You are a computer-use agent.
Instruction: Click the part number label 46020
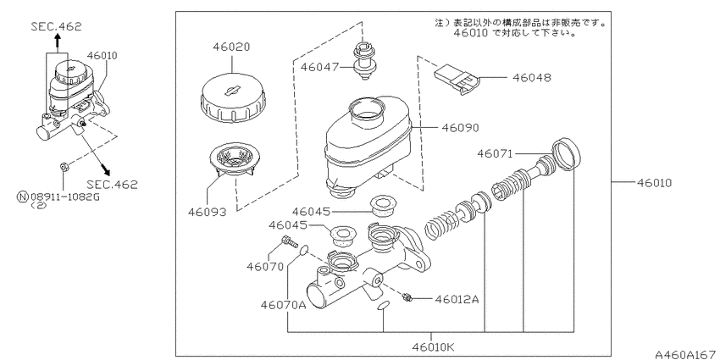(x=231, y=47)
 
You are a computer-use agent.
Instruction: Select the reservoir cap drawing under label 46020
(x=233, y=98)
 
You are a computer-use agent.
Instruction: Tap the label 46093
(x=207, y=212)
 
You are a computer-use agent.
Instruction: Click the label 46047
(x=319, y=68)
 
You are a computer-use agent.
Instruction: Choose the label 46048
(x=532, y=78)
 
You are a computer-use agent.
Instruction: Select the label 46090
(x=460, y=127)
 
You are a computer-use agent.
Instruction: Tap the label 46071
(x=495, y=153)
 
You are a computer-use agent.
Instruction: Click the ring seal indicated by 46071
(x=566, y=154)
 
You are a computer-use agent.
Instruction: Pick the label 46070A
(x=283, y=305)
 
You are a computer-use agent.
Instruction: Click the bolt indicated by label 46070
(x=288, y=241)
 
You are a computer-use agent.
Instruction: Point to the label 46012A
(x=457, y=299)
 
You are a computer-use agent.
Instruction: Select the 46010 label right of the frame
(x=654, y=183)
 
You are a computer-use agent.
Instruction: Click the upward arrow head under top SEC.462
(x=57, y=40)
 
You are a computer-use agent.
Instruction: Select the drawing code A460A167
(x=686, y=354)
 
